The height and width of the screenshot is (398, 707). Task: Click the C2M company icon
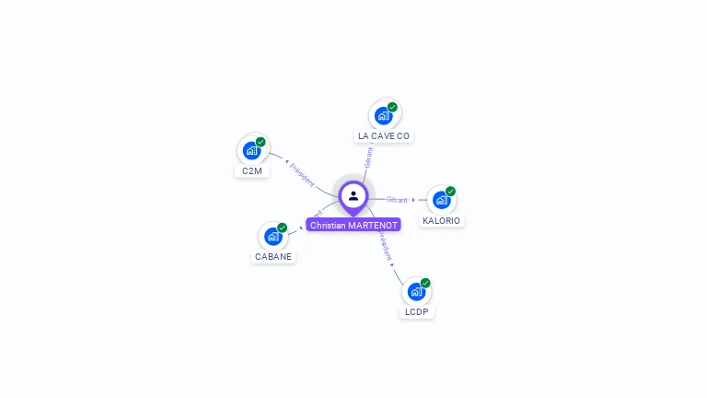point(251,150)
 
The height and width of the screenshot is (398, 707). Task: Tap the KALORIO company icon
point(441,200)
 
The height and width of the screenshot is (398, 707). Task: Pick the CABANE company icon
point(272,236)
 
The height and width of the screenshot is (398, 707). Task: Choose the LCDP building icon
point(416,291)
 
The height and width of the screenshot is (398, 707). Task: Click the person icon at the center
point(353,195)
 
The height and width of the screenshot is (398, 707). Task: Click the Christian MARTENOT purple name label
point(353,225)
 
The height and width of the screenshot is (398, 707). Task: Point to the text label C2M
point(252,171)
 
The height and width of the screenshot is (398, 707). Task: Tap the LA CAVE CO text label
point(384,136)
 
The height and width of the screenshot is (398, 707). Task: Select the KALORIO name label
point(442,221)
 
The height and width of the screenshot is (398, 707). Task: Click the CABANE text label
point(273,257)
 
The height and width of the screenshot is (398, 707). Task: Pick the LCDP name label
point(416,312)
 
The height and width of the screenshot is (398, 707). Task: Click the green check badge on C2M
point(261,142)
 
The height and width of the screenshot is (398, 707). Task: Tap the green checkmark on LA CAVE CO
point(392,107)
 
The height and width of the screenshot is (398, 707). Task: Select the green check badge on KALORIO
point(450,192)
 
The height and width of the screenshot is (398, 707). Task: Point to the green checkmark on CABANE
point(282,228)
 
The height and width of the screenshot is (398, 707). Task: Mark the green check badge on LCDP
point(425,283)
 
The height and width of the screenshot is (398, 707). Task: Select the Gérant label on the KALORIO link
point(397,199)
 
